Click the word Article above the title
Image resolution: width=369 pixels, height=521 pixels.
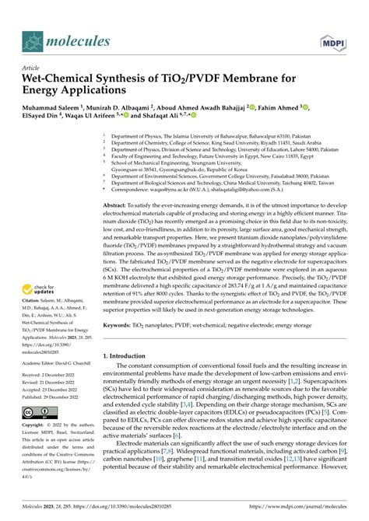(31, 68)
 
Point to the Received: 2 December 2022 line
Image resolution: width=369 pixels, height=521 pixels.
(54, 375)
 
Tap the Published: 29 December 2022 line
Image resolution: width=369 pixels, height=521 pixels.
(55, 396)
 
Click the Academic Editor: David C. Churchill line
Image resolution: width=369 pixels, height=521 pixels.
(61, 362)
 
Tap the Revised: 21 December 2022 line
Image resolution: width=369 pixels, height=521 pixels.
(54, 382)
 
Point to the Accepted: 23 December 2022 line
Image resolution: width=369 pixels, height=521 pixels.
(54, 389)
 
